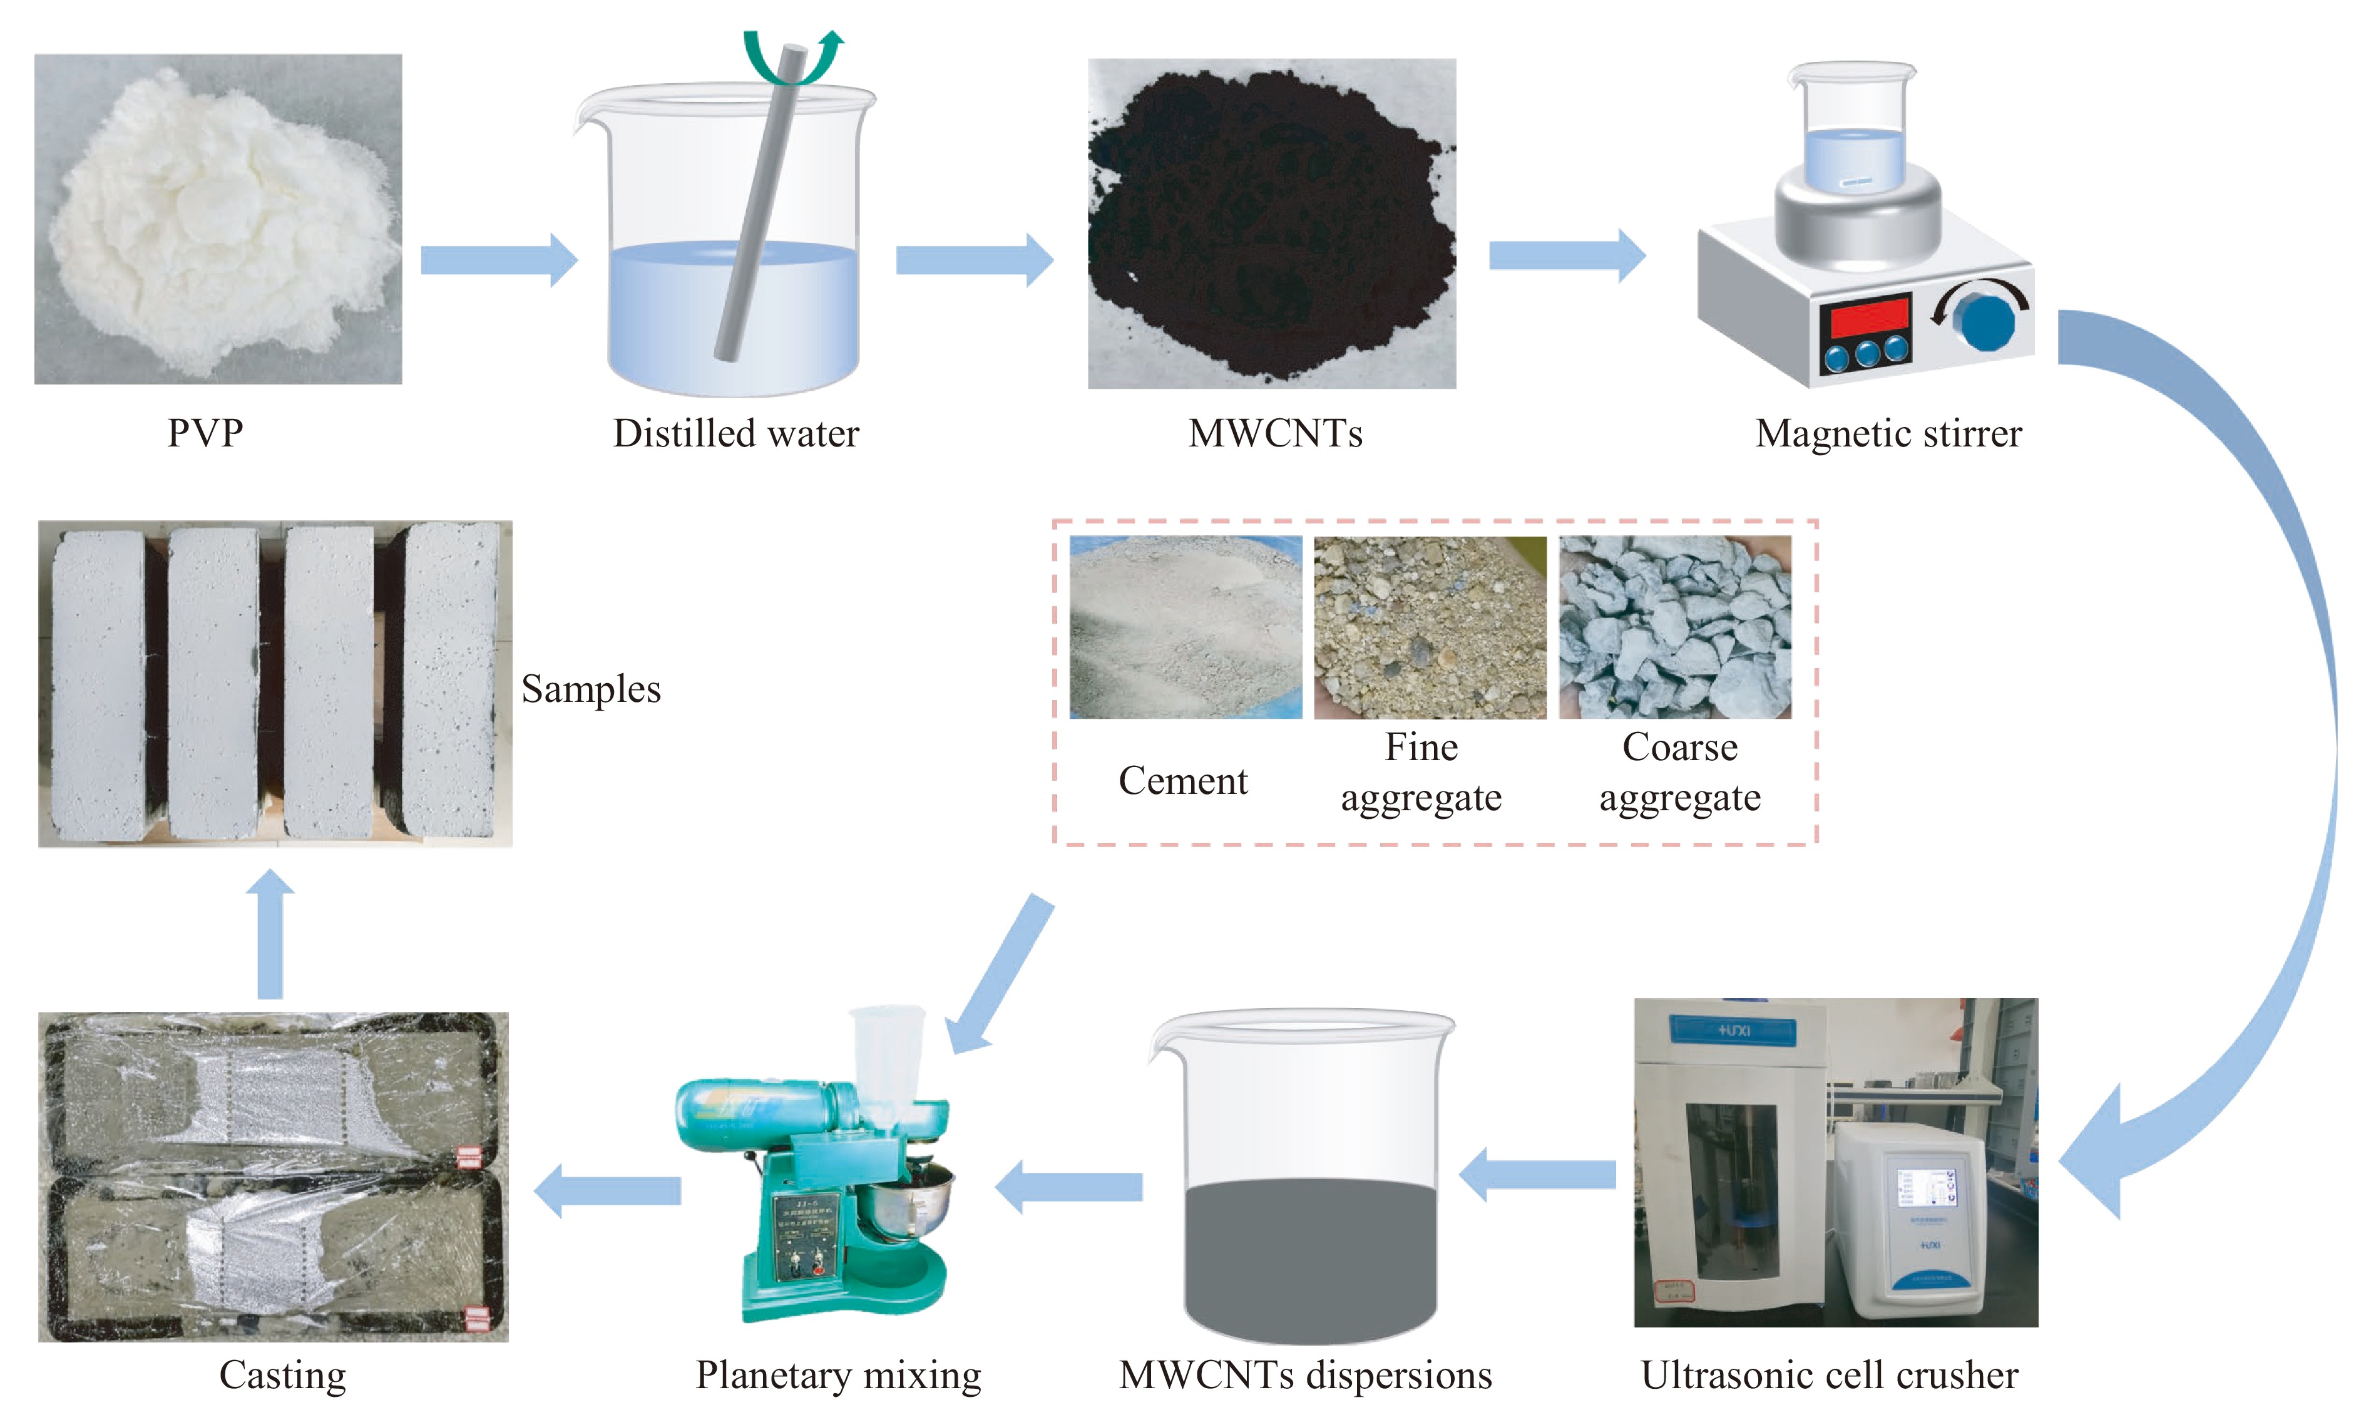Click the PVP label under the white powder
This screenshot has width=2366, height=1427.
(x=205, y=433)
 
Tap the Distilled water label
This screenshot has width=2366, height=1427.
(x=735, y=433)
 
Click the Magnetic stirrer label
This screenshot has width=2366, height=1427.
(x=1888, y=433)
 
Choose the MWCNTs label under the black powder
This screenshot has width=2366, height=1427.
(x=1274, y=433)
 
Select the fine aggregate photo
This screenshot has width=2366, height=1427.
(x=1429, y=626)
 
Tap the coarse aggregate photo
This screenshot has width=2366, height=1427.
(x=1674, y=626)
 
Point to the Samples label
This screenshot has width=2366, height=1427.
(x=590, y=689)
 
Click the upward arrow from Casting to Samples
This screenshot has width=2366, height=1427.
(x=270, y=932)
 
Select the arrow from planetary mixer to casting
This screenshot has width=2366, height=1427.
(x=607, y=1191)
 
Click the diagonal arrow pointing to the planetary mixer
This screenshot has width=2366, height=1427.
(x=998, y=975)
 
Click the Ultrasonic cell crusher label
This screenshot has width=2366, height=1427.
(x=1828, y=1375)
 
